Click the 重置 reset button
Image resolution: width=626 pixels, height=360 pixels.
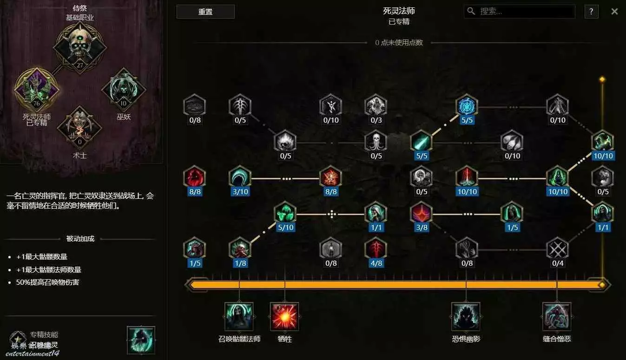click(205, 12)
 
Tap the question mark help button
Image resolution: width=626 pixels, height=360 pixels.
click(591, 12)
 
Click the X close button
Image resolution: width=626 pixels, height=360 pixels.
click(614, 12)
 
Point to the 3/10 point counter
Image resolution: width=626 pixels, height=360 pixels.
click(240, 192)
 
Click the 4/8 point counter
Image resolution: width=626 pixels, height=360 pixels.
click(376, 263)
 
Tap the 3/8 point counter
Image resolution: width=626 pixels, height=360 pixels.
click(422, 228)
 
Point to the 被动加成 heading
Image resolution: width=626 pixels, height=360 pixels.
click(80, 239)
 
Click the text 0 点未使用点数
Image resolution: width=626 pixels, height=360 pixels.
click(399, 43)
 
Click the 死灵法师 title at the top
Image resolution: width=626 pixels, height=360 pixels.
click(399, 11)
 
